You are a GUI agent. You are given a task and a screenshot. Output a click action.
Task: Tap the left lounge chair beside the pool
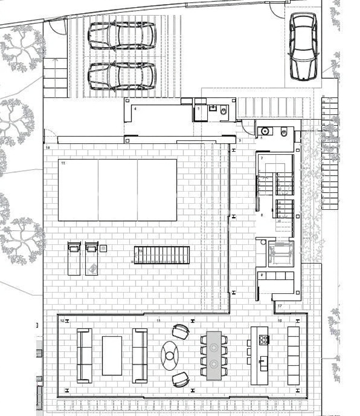(x=74, y=258)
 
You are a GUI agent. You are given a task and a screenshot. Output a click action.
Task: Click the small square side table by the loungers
(x=103, y=248)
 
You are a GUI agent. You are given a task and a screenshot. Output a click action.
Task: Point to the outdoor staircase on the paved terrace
(x=162, y=255)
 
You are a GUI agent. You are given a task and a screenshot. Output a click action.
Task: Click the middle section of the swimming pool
(x=118, y=190)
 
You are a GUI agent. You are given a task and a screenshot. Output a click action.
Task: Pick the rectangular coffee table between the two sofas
(x=112, y=355)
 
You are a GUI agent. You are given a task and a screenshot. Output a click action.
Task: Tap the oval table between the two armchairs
(x=170, y=355)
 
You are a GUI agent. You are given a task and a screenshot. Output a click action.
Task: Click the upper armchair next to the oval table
(x=181, y=331)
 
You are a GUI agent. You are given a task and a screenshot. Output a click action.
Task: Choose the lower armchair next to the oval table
(x=181, y=379)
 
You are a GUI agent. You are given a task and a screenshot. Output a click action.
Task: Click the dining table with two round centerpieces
(x=214, y=355)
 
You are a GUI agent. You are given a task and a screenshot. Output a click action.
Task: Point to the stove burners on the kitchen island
(x=263, y=340)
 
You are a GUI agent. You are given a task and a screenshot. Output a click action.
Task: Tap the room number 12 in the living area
(x=62, y=320)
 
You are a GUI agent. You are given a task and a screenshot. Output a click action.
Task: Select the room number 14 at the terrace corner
(x=47, y=148)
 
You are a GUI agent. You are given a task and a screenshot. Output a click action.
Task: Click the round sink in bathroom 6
(x=265, y=131)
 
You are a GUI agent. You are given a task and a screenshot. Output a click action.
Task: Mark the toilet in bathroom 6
(x=283, y=131)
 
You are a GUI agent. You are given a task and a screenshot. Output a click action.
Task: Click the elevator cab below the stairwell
(x=279, y=252)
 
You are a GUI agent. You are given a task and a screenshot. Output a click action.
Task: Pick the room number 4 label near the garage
(x=135, y=109)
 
